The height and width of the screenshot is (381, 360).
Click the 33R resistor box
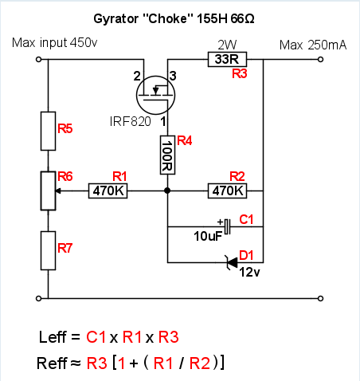coord(227,59)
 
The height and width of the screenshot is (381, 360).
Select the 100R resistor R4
coord(167,155)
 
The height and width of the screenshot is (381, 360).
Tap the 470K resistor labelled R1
coord(108,190)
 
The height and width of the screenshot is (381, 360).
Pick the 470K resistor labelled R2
coord(227,190)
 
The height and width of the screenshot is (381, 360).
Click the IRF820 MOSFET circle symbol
coord(155,95)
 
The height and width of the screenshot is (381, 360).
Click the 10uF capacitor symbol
coord(227,226)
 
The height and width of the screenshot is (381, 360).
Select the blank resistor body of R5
coord(48,131)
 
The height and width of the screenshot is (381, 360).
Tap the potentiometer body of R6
coord(48,190)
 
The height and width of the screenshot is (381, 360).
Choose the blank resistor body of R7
coord(48,250)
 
